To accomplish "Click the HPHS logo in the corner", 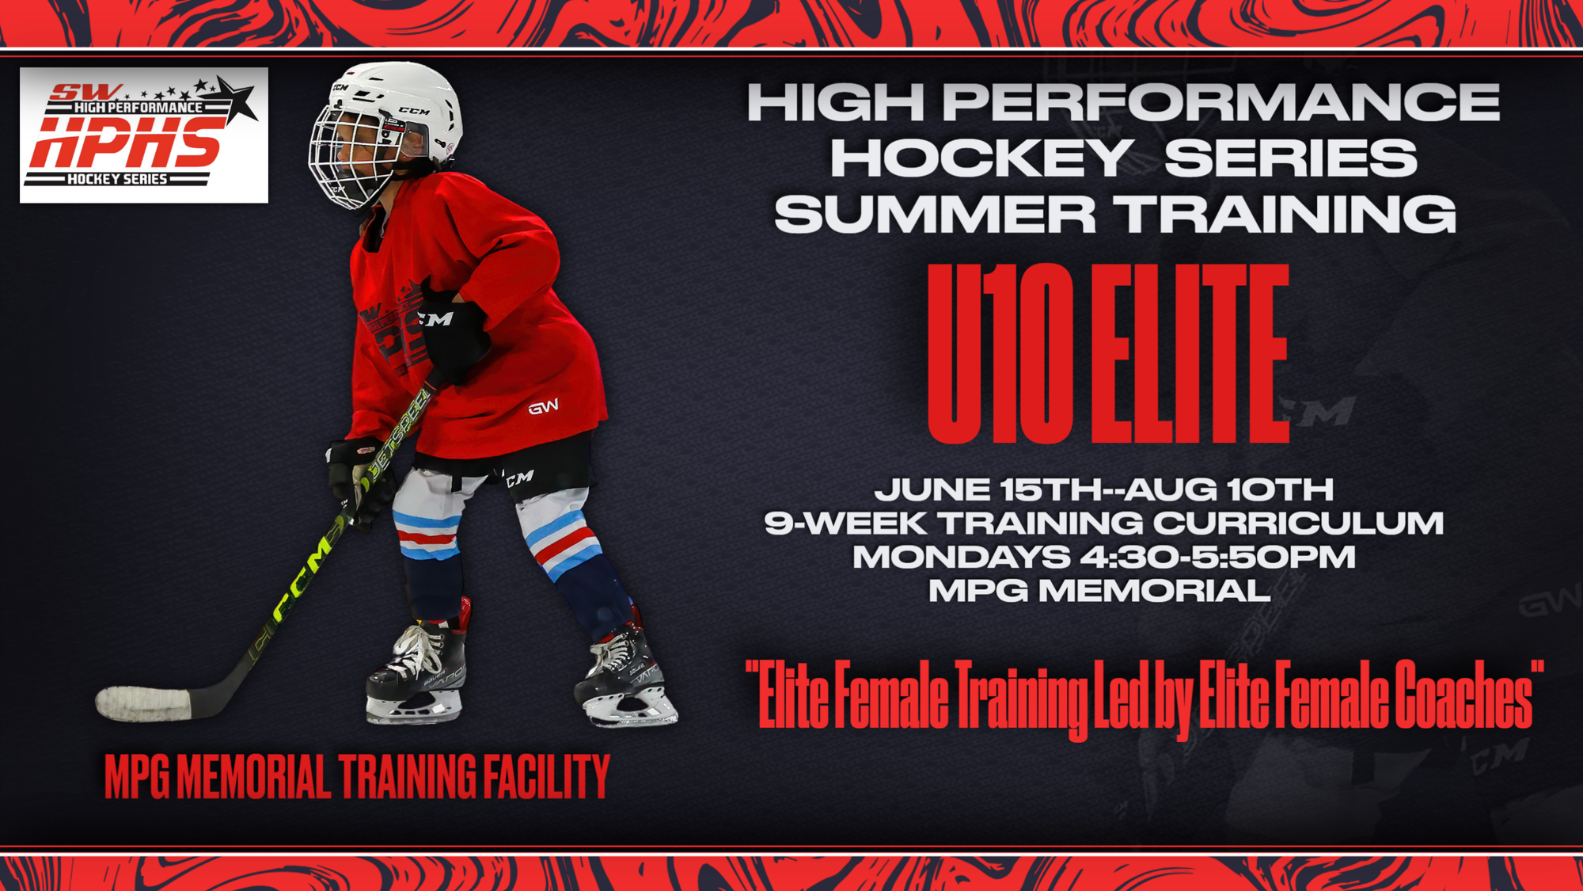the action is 144,135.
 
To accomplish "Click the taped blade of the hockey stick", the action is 143,703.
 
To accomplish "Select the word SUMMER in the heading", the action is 935,214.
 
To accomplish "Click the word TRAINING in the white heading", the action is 1285,214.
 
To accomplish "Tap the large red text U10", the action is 1000,353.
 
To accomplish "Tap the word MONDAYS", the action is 961,557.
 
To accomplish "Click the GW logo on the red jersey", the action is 544,407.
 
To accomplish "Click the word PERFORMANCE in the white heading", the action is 1221,102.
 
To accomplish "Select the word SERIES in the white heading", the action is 1291,158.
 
